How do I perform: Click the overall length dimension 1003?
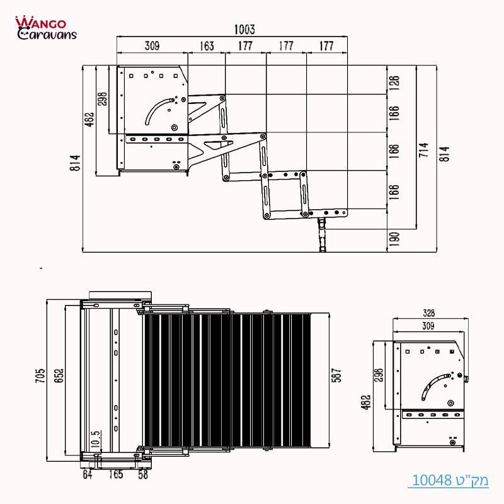tap(243, 30)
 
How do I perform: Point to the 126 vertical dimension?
tap(395, 83)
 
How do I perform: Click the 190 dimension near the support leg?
tap(395, 240)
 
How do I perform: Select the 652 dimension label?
tap(59, 376)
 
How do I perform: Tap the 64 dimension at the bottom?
tap(88, 474)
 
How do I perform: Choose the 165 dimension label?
tap(116, 474)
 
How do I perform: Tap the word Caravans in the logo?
tap(47, 33)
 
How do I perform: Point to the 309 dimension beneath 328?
tap(428, 326)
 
